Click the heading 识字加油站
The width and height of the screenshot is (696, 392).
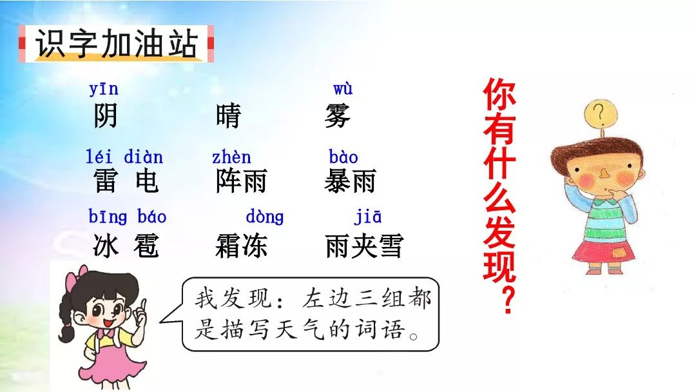point(116,44)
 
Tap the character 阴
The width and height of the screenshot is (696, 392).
point(106,117)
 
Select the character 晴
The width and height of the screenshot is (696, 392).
point(228,117)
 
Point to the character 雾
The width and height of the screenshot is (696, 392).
point(338,117)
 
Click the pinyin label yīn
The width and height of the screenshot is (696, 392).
point(104,89)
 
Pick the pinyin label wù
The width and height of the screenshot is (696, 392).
point(343,89)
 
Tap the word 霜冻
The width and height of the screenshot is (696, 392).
point(241,246)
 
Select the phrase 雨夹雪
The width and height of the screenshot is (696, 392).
point(364,246)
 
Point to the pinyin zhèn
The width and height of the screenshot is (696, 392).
point(231,157)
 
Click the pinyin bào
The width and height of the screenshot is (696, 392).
point(343,157)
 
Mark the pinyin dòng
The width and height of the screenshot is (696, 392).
point(264,217)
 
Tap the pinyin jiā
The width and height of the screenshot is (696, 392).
point(367,217)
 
